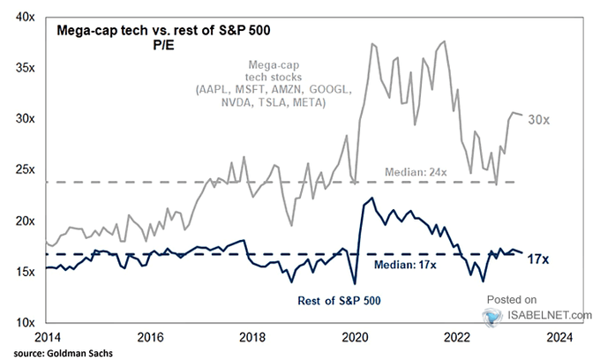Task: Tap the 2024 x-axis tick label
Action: pyautogui.click(x=559, y=337)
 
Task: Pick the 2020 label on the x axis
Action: pyautogui.click(x=354, y=337)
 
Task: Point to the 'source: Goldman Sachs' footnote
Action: pyautogui.click(x=56, y=352)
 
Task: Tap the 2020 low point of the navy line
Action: pyautogui.click(x=354, y=283)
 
